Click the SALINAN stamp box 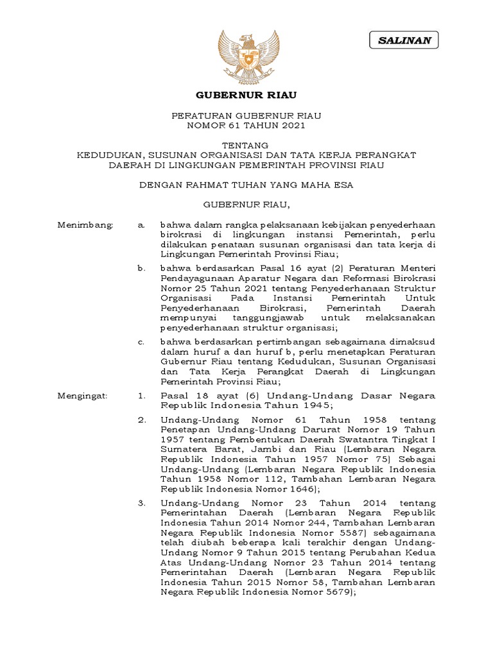404,40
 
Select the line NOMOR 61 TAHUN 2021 246,125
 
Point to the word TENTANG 246,145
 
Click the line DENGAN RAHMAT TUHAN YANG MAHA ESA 246,185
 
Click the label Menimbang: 85,225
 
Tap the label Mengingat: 83,397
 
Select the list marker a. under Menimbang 141,225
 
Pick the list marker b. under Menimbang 141,267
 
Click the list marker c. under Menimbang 141,342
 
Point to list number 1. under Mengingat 142,397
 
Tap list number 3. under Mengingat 142,502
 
